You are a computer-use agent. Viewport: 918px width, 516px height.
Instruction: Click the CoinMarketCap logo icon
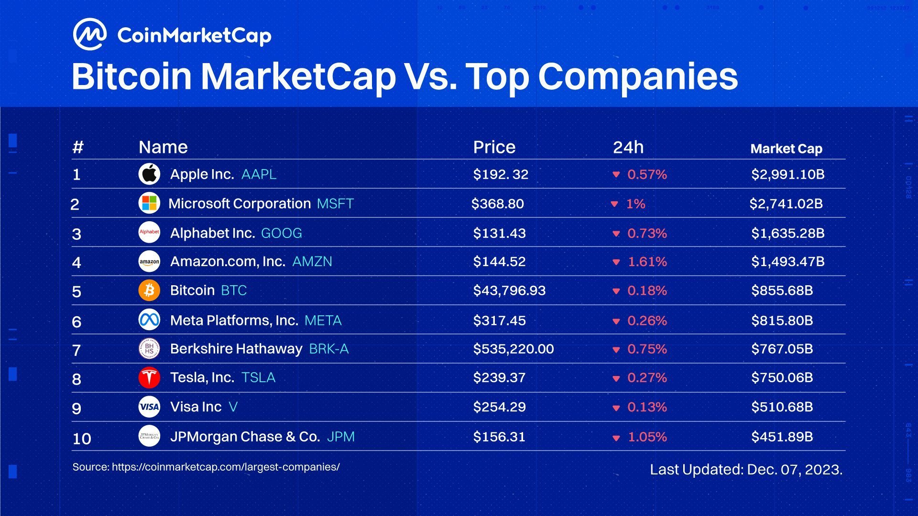point(89,34)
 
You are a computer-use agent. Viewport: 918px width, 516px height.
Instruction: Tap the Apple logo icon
point(149,174)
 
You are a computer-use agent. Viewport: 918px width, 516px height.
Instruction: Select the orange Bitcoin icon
point(149,290)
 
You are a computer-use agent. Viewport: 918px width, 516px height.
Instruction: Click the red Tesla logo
point(149,377)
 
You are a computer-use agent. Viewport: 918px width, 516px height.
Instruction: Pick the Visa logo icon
point(149,407)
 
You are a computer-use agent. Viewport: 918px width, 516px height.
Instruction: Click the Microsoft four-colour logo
point(149,204)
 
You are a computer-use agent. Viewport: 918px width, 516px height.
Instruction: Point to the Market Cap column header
point(786,149)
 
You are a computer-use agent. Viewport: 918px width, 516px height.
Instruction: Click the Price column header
point(494,147)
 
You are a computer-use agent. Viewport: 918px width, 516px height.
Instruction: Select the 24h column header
point(628,147)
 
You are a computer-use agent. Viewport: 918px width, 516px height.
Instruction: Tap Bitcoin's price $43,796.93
point(509,290)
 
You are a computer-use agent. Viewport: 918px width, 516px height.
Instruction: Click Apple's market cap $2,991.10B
point(787,174)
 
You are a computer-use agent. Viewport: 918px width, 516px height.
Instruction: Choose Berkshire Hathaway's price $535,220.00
point(513,349)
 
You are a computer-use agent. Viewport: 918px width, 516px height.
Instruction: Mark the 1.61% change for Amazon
point(647,262)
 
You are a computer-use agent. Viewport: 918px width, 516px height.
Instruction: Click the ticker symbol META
point(323,321)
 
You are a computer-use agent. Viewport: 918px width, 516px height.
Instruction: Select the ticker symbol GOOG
point(281,233)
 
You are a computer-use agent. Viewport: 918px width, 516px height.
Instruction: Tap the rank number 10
point(82,439)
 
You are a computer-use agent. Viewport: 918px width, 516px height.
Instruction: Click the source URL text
point(226,467)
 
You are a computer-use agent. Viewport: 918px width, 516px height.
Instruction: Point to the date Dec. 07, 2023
point(794,470)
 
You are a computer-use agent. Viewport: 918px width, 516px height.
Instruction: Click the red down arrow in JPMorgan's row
point(616,438)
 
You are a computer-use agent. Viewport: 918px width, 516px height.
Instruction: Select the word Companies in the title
point(638,76)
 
